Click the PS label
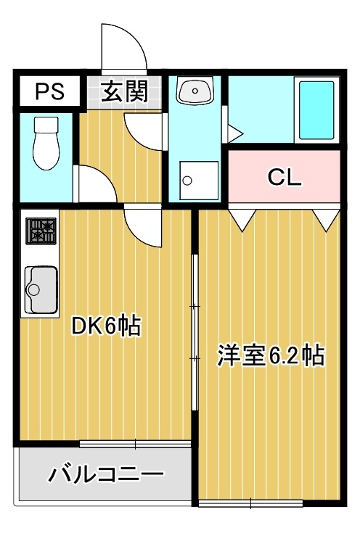(49, 92)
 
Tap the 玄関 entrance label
(125, 91)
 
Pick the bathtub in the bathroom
(316, 110)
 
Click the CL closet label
(284, 178)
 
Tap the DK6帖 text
(105, 327)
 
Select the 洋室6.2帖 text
(271, 355)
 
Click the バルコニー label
(106, 476)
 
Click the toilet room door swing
(94, 186)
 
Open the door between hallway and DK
(142, 224)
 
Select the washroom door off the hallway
(144, 130)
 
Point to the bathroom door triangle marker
(234, 133)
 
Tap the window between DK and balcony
(135, 444)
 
